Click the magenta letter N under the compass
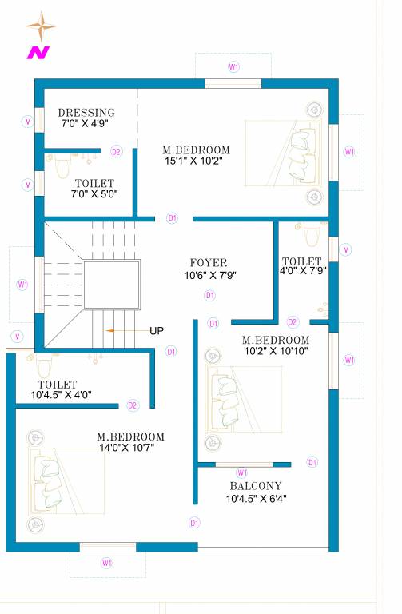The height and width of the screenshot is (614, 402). coord(38,53)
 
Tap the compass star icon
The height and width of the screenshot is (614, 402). coord(41,27)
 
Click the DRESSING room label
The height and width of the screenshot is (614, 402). coord(86,113)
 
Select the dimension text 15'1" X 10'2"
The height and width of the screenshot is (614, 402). coord(193,161)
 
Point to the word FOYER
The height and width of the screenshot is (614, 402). coord(209,263)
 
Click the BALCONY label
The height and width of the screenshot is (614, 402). coord(256,486)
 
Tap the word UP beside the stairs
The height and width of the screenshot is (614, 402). coord(157,330)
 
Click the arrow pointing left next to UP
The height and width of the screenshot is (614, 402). coord(121,330)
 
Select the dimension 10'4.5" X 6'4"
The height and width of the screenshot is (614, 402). coord(256,499)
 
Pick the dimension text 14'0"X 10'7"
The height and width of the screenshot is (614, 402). coord(126,448)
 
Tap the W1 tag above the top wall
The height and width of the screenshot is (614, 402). coord(233,67)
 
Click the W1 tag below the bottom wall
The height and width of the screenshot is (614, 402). coord(106,564)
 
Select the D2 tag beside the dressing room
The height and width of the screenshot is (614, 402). coord(116,151)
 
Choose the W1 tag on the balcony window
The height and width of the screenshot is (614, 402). coord(242,472)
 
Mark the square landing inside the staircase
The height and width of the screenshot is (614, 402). coord(112,284)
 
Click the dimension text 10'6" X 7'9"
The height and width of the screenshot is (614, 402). coord(210,275)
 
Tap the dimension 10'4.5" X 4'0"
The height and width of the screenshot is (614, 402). coord(62,394)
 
